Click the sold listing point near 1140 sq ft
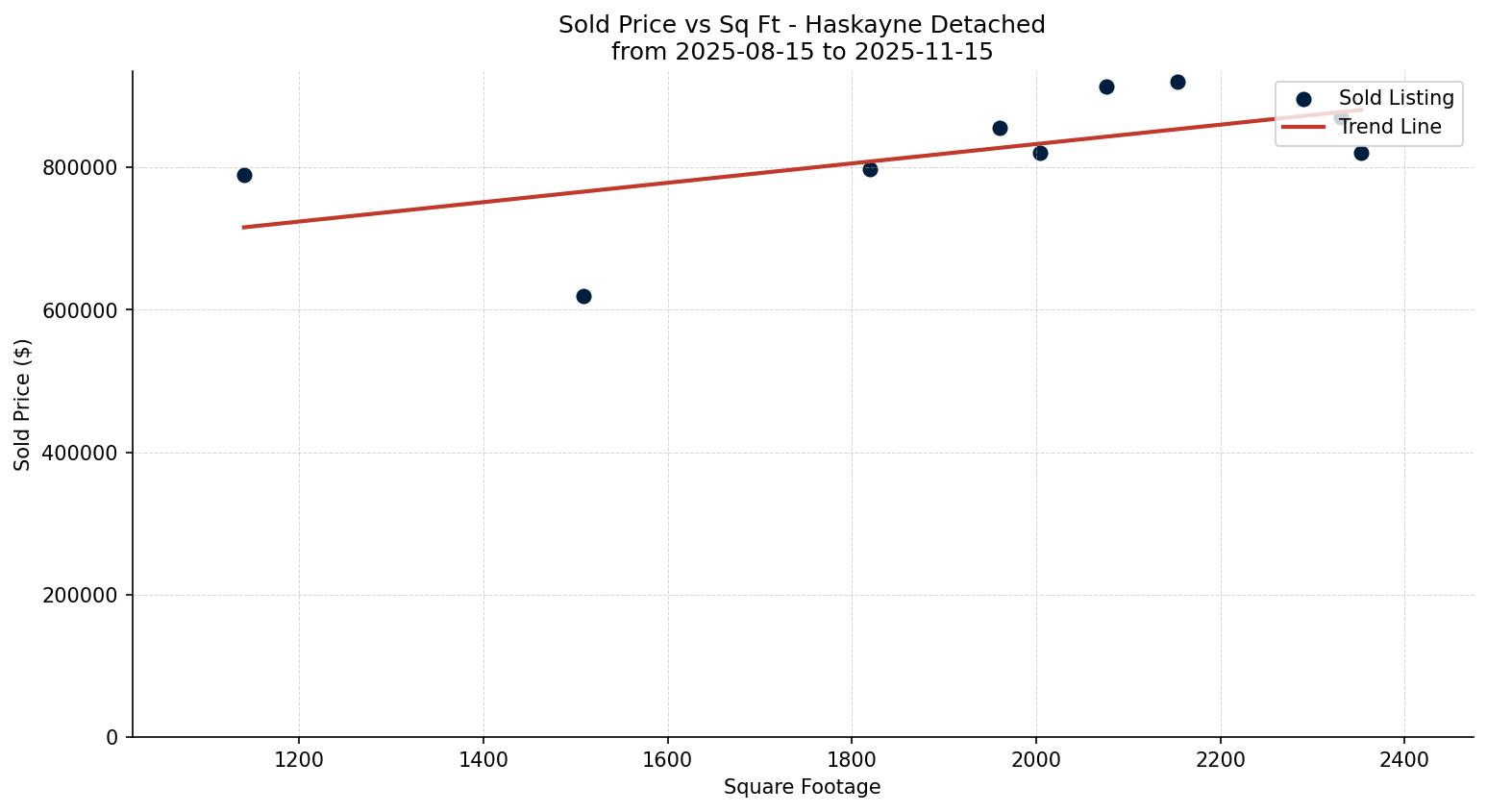pos(244,175)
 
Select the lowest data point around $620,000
pos(583,296)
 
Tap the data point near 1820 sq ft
pos(870,169)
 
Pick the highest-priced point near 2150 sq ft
pos(1177,82)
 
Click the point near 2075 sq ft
pos(1106,86)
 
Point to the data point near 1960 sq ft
pos(1000,128)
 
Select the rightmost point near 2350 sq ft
pos(1361,153)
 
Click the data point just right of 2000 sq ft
pos(1040,153)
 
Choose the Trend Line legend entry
pos(1390,127)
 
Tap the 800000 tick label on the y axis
pos(80,168)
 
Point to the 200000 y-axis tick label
pos(80,596)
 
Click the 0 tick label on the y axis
pos(112,738)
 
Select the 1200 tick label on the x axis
pos(299,760)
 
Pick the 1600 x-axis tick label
pos(667,760)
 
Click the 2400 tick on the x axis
pos(1404,760)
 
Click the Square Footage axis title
pos(802,788)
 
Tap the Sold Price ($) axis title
pos(23,405)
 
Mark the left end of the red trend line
pos(244,227)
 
